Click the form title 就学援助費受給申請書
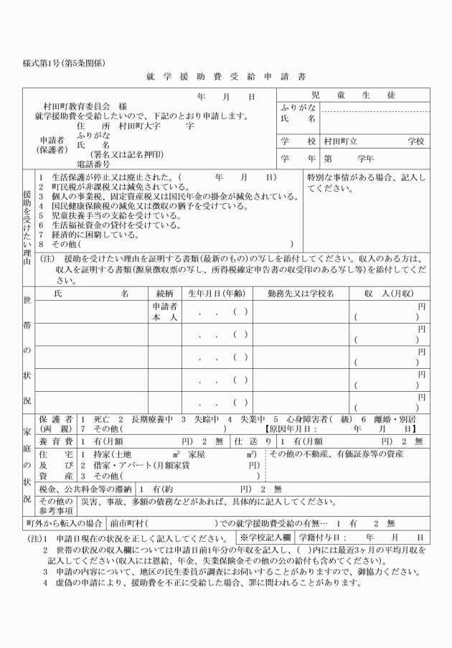pyautogui.click(x=226, y=75)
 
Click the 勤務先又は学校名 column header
pyautogui.click(x=301, y=294)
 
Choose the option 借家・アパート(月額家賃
pyautogui.click(x=139, y=464)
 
